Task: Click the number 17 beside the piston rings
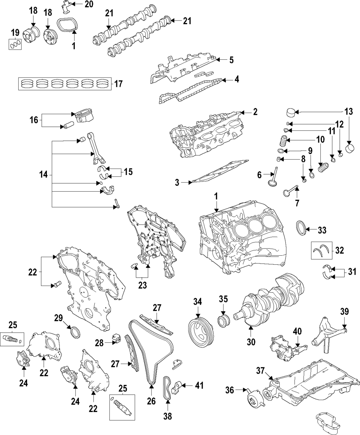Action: pyautogui.click(x=118, y=84)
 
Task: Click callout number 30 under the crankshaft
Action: pyautogui.click(x=251, y=341)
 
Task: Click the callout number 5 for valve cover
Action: pyautogui.click(x=231, y=60)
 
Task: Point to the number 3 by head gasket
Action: pyautogui.click(x=177, y=183)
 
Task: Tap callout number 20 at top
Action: pyautogui.click(x=88, y=4)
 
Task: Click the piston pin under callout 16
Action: pyautogui.click(x=68, y=126)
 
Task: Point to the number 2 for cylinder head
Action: pyautogui.click(x=255, y=112)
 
